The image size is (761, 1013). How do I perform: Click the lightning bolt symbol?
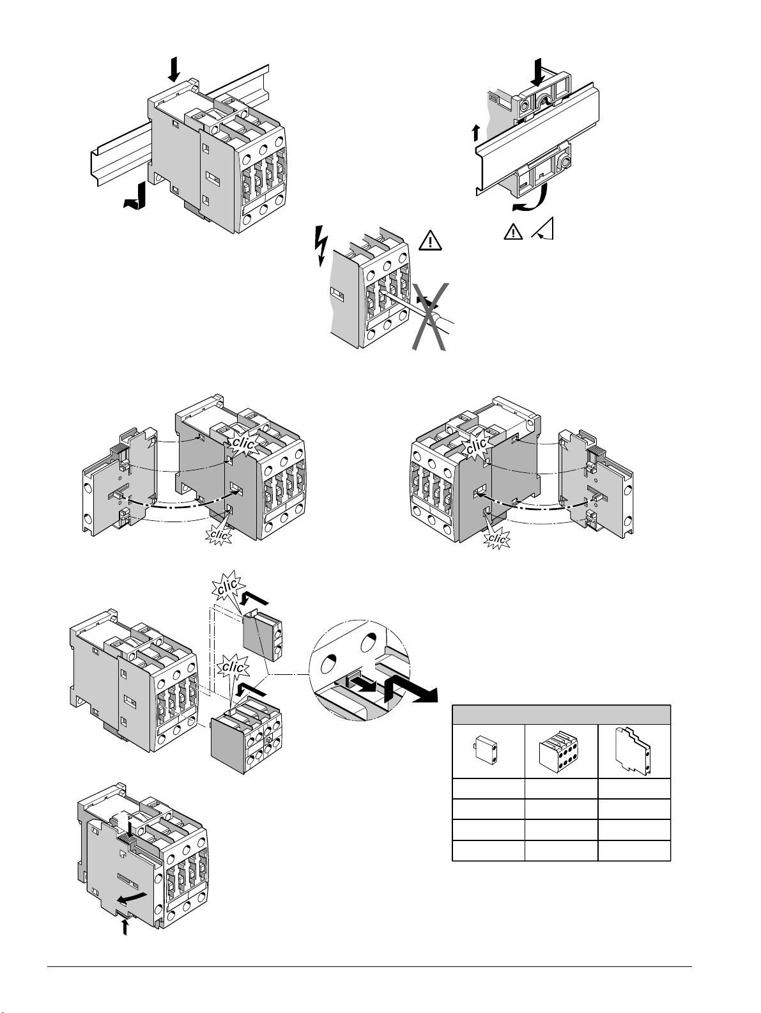(321, 246)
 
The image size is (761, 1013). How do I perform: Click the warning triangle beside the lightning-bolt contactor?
(430, 241)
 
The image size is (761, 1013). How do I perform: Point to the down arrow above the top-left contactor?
(174, 69)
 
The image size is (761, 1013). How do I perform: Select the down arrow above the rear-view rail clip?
(538, 72)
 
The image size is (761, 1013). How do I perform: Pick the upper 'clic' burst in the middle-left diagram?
(243, 444)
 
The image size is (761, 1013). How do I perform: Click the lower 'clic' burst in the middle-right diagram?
(496, 539)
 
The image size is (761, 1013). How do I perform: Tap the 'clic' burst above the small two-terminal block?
(228, 585)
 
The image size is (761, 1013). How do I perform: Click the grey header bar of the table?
(561, 715)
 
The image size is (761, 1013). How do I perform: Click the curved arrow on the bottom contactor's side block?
(132, 897)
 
